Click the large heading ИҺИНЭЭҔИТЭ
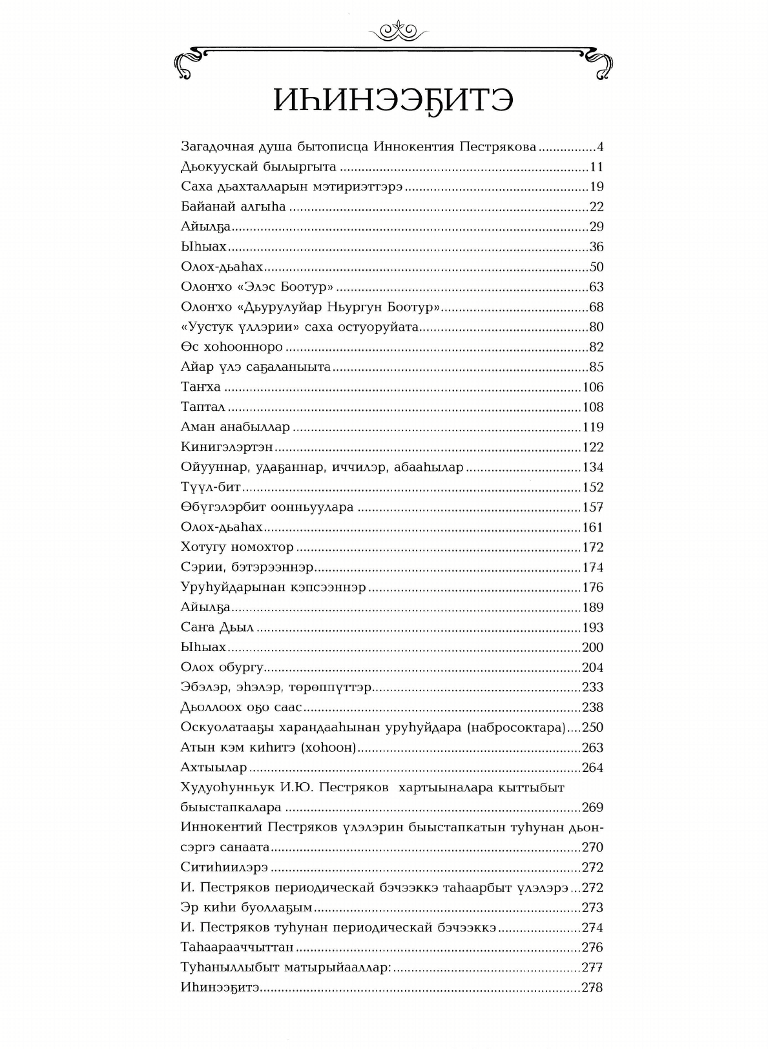click(393, 101)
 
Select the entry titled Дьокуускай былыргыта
click(258, 167)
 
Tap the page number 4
click(599, 147)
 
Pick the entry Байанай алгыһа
click(233, 207)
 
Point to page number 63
click(596, 287)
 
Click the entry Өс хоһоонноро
click(232, 348)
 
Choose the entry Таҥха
click(201, 388)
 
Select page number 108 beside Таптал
click(592, 408)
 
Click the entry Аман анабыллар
click(235, 428)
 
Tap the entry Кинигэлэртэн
click(227, 448)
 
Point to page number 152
click(592, 488)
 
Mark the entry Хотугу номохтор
click(237, 548)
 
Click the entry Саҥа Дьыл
click(217, 628)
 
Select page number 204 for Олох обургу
click(592, 668)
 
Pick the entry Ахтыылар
click(214, 768)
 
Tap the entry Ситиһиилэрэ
click(224, 868)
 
